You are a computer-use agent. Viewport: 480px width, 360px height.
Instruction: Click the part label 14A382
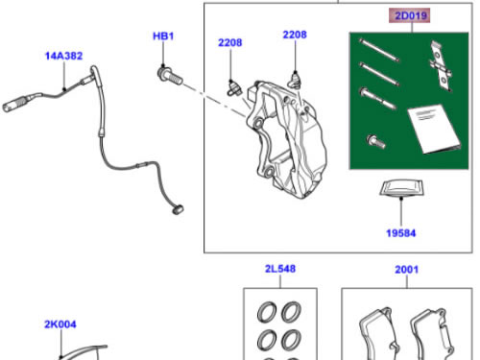tap(63, 56)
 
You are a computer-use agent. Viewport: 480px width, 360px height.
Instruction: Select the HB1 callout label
tap(163, 36)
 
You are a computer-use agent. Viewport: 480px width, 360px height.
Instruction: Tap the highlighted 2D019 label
tap(411, 15)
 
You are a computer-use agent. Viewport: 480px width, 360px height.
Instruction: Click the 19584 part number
tap(401, 233)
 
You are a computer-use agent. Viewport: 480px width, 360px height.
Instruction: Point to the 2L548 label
tap(280, 269)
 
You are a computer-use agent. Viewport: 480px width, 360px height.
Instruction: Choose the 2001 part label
tap(406, 270)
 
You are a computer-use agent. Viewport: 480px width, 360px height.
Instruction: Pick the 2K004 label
tap(60, 324)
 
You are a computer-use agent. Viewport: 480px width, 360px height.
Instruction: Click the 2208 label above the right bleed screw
tap(295, 35)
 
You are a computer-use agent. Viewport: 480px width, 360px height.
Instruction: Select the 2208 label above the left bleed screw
tap(230, 42)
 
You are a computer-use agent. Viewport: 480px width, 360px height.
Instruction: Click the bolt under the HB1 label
tap(170, 77)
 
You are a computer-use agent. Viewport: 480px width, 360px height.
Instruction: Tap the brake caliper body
tap(286, 139)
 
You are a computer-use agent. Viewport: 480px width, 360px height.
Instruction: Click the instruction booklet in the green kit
tap(434, 129)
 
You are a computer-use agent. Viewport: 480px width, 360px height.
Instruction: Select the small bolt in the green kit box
tap(375, 141)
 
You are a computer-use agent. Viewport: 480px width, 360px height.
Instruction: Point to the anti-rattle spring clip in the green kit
tap(441, 65)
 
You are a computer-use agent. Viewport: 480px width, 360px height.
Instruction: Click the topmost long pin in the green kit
tap(379, 50)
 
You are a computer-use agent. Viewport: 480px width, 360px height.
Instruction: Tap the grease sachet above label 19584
tap(401, 188)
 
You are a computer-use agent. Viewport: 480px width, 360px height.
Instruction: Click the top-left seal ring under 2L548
tap(267, 311)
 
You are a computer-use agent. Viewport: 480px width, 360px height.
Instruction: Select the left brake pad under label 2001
tap(378, 334)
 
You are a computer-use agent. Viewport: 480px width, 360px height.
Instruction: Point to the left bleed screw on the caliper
tap(234, 88)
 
